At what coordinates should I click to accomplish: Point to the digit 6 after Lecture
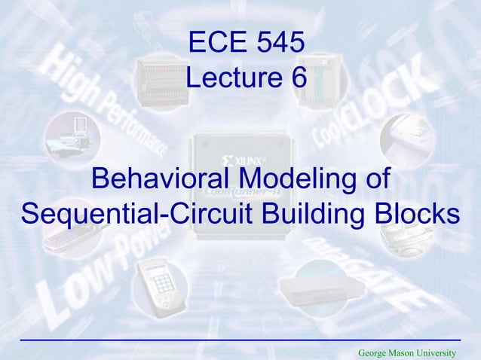[296, 78]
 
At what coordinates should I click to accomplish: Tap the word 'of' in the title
[375, 180]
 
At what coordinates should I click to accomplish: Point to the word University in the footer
[441, 352]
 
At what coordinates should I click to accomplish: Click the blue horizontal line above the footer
[240, 341]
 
